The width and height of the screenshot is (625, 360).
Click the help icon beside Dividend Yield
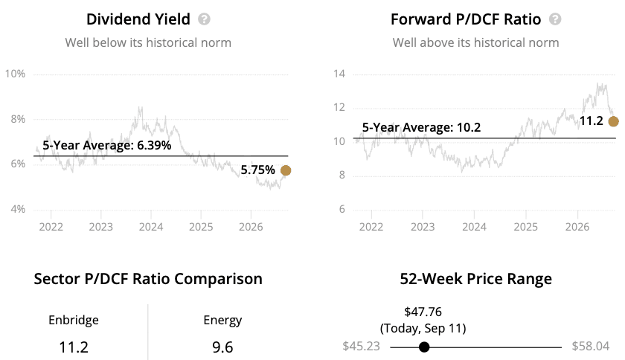coord(204,19)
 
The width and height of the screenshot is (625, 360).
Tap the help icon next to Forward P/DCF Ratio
coord(555,19)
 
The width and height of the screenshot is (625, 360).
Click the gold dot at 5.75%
coord(286,170)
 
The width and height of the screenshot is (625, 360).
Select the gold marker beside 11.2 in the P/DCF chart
coord(613,121)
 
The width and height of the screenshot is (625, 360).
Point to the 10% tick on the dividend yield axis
coord(15,74)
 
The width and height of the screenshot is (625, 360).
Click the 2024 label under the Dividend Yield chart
coord(150,227)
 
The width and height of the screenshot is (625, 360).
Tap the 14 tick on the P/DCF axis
coord(339,74)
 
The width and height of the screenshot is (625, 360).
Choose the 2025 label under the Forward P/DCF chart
coord(525,227)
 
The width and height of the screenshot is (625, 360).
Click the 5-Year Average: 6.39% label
coord(107,145)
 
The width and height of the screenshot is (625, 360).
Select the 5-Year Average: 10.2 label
coord(421,127)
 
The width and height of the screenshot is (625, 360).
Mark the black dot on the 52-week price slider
coord(424,347)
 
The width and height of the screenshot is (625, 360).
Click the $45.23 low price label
coord(361,346)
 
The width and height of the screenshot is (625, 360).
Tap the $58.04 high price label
coord(591,346)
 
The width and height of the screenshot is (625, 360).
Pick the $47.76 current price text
coord(423,312)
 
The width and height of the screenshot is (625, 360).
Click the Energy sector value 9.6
coord(222,347)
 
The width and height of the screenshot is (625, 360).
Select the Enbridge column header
coord(74,320)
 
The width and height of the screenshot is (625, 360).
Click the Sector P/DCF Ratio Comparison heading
coord(148,279)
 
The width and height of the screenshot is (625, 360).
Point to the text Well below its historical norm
coord(148,42)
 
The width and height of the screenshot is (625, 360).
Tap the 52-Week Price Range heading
coord(476,279)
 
